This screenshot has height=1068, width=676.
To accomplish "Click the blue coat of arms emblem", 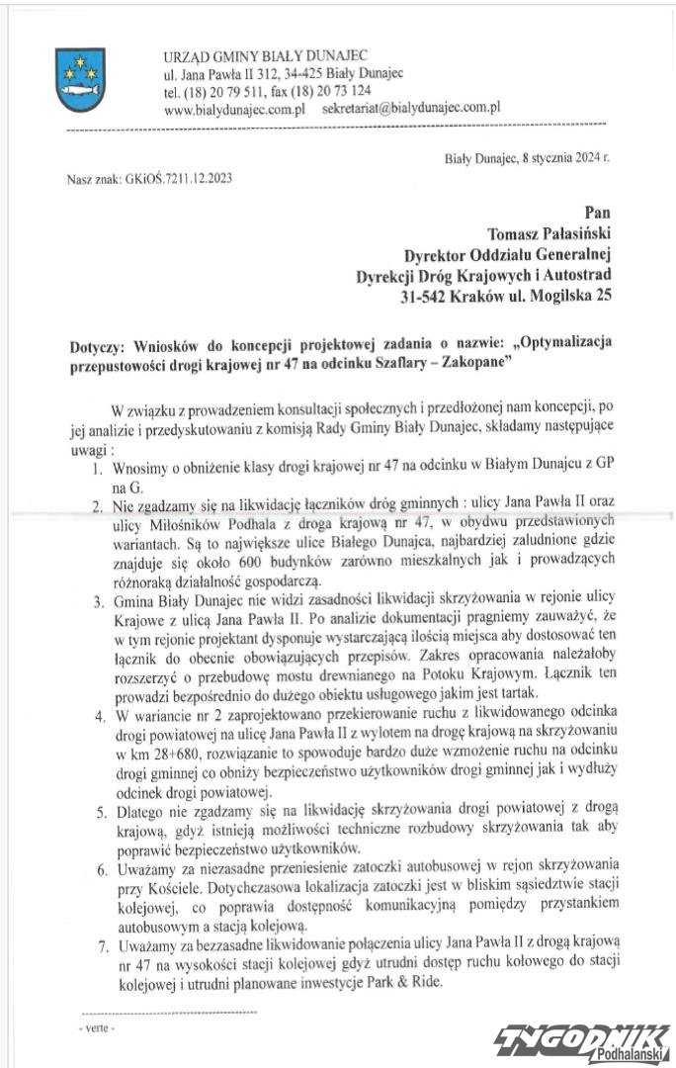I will (x=77, y=74).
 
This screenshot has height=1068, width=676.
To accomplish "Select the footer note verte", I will (x=97, y=1028).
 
